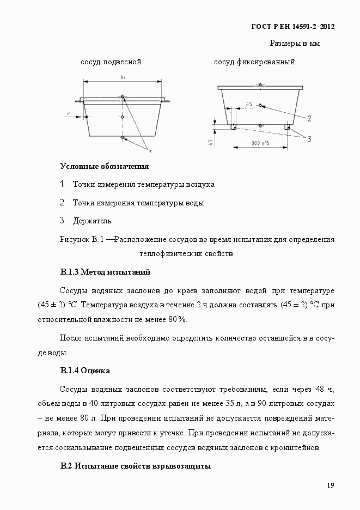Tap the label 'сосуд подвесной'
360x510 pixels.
tap(111, 62)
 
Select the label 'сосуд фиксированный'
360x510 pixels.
tap(254, 62)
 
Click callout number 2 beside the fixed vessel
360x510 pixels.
tap(309, 118)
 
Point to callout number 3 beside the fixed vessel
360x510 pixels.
tap(309, 138)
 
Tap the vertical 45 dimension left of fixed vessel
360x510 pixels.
tap(210, 142)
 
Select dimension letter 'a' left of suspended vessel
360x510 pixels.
tap(68, 113)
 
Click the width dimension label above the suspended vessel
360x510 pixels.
tap(124, 78)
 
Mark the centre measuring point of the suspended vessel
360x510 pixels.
tap(123, 117)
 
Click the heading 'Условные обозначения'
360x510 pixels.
tap(104, 166)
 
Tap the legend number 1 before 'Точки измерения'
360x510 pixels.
tap(62, 184)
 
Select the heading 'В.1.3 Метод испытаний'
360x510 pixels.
tap(105, 271)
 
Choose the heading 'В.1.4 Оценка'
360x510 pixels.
tap(85, 371)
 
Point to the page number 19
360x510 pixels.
tap(330, 485)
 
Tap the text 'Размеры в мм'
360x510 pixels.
tap(294, 43)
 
